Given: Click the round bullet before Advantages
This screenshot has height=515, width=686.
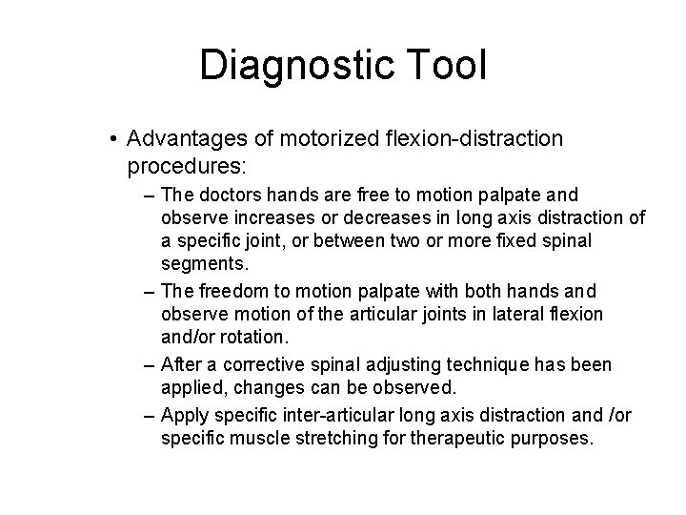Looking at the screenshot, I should (x=113, y=140).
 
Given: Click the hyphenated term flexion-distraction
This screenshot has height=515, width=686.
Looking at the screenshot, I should (x=468, y=139).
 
